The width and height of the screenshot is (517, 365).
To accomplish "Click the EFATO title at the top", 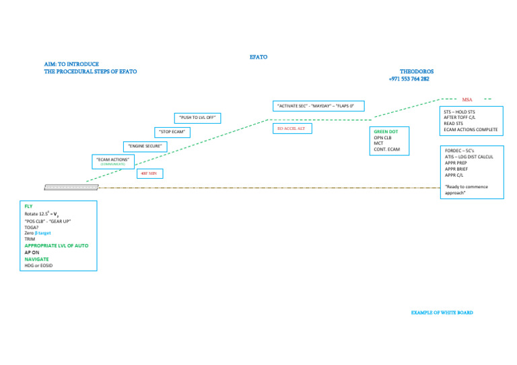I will tap(258, 57).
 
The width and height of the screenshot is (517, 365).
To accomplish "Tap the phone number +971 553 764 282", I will tap(409, 79).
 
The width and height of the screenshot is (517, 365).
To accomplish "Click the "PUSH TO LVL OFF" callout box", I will tap(197, 118).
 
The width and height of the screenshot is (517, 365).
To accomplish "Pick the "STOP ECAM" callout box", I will tap(172, 132).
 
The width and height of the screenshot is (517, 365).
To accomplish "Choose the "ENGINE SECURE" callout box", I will tap(145, 146).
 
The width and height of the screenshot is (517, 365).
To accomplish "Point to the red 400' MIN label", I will tap(149, 173).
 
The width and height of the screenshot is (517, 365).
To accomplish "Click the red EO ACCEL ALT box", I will tap(291, 128).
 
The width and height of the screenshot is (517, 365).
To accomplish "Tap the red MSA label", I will tap(467, 99).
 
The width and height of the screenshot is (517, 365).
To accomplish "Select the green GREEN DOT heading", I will tap(386, 132).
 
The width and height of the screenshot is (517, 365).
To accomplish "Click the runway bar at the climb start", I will tap(71, 186).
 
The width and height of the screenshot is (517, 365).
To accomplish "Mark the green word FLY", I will tap(28, 206).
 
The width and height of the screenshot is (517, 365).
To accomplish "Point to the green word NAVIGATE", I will tap(36, 259).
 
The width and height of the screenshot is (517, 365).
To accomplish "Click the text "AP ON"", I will tap(32, 252).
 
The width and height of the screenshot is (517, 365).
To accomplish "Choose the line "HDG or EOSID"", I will tap(38, 266).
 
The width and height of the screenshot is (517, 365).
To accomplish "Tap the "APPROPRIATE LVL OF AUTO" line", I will tap(56, 246).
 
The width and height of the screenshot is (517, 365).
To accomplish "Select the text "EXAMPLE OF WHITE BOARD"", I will tap(442, 313).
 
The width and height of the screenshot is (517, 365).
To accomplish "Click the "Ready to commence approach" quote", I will tap(467, 190).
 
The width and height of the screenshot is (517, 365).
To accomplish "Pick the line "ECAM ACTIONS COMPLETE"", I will tap(471, 129).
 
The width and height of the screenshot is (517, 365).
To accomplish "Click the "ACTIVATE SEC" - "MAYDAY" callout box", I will tap(318, 106).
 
